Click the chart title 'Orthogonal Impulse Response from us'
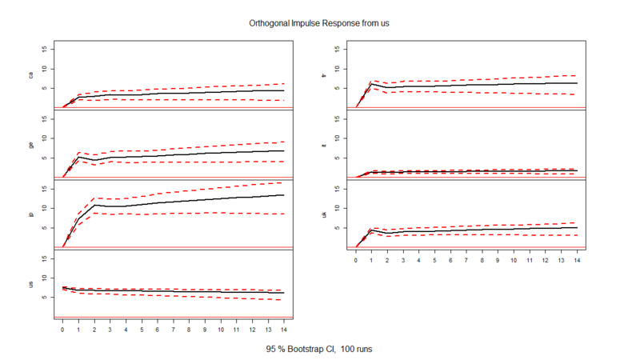(x=319, y=23)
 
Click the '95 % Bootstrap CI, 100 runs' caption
(x=319, y=350)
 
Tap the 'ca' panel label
(x=31, y=75)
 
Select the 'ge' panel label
(x=31, y=145)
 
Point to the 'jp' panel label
(x=31, y=214)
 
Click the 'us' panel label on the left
(x=31, y=284)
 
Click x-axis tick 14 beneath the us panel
(x=283, y=329)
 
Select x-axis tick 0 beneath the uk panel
(x=356, y=259)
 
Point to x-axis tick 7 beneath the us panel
(x=173, y=329)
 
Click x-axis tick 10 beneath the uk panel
(x=514, y=259)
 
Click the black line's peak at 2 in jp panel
(x=94, y=205)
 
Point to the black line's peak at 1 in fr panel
(x=372, y=83)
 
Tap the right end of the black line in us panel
(x=283, y=293)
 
